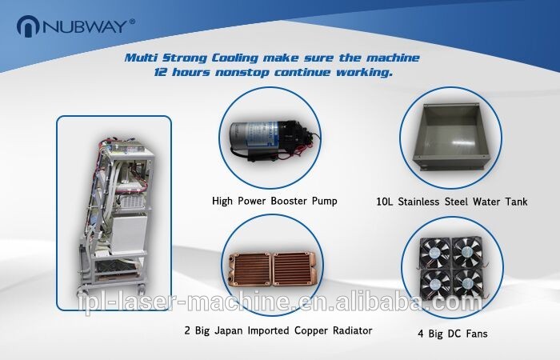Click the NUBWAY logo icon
tap(28, 26)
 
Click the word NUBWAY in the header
tap(85, 26)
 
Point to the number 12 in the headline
tap(160, 72)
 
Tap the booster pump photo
tap(274, 140)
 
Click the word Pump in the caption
tap(324, 201)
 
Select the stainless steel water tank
tap(451, 137)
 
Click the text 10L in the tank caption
tap(385, 202)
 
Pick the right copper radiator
tap(294, 270)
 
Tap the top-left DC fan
tap(435, 253)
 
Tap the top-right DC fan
tap(467, 253)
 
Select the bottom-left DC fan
tap(435, 284)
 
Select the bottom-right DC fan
tap(467, 284)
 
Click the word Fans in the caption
tap(476, 334)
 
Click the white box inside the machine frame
tap(127, 234)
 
